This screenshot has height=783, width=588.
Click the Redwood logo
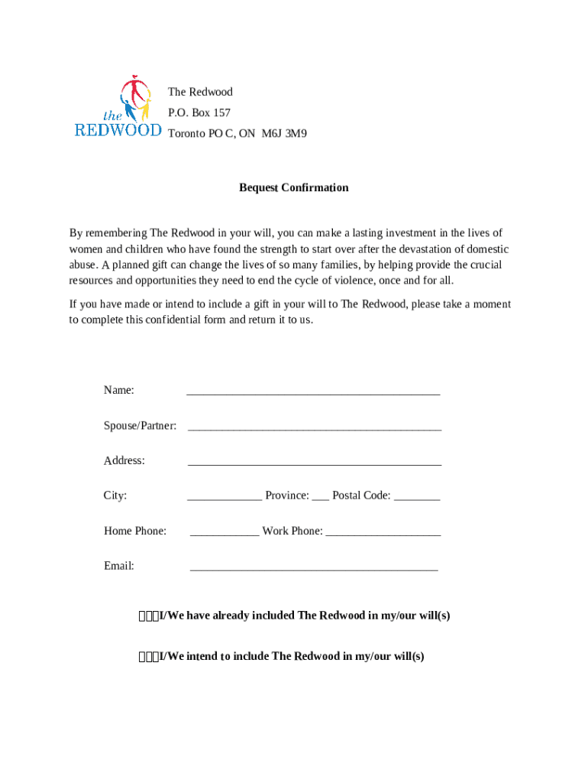tap(118, 107)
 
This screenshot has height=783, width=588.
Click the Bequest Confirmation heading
tap(293, 187)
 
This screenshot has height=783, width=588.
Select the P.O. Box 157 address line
tap(199, 112)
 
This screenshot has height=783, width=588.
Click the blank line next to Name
tap(313, 391)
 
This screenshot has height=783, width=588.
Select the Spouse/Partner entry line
tap(314, 426)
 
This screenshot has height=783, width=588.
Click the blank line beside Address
tap(314, 461)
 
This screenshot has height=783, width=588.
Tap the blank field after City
tap(225, 496)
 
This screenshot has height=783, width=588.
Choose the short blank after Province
tap(320, 496)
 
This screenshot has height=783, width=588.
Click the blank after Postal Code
tap(417, 496)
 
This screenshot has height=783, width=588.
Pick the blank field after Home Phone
tap(225, 531)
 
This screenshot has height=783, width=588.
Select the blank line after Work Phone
tap(383, 531)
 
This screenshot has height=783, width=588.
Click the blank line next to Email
tap(313, 567)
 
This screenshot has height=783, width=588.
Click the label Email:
tap(119, 566)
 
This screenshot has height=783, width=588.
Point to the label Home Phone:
tap(135, 531)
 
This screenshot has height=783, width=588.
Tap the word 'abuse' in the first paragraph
tap(82, 265)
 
